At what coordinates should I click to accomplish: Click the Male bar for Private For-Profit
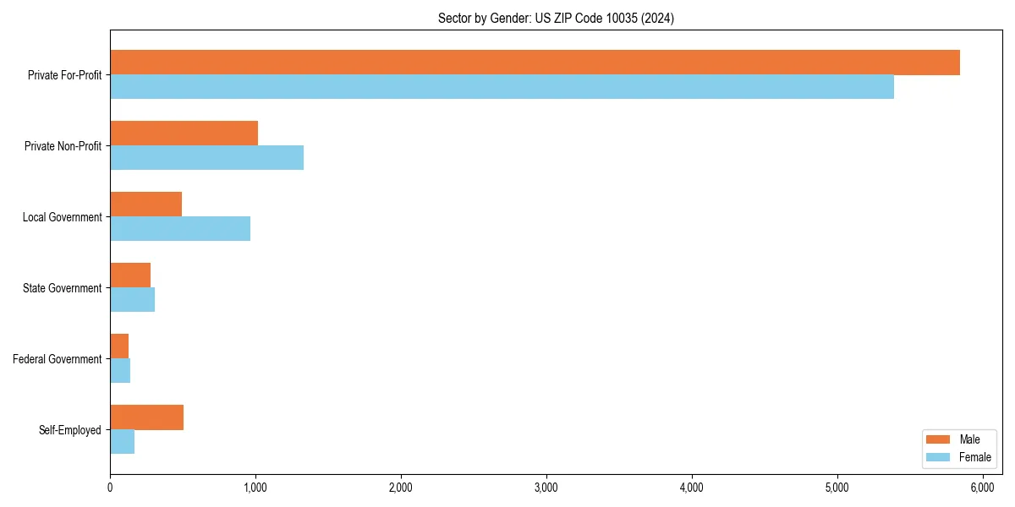click(535, 63)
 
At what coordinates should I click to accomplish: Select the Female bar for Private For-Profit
click(502, 87)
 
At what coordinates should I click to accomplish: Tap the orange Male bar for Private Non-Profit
click(184, 134)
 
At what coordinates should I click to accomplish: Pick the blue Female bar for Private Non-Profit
click(206, 158)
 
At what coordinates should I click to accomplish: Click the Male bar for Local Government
click(145, 204)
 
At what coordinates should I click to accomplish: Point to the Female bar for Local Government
click(180, 229)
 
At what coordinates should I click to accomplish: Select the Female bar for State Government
click(132, 300)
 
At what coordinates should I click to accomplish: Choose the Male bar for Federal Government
click(119, 346)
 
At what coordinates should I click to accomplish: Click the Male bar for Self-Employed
click(146, 417)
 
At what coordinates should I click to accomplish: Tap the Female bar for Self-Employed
click(122, 442)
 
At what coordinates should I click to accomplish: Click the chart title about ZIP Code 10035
click(556, 18)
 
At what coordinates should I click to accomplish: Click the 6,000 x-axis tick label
click(982, 488)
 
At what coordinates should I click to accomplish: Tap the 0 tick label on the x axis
click(110, 488)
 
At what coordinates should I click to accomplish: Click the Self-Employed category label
click(70, 430)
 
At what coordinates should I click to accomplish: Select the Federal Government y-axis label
click(58, 359)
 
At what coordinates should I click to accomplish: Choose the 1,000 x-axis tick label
click(255, 488)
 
